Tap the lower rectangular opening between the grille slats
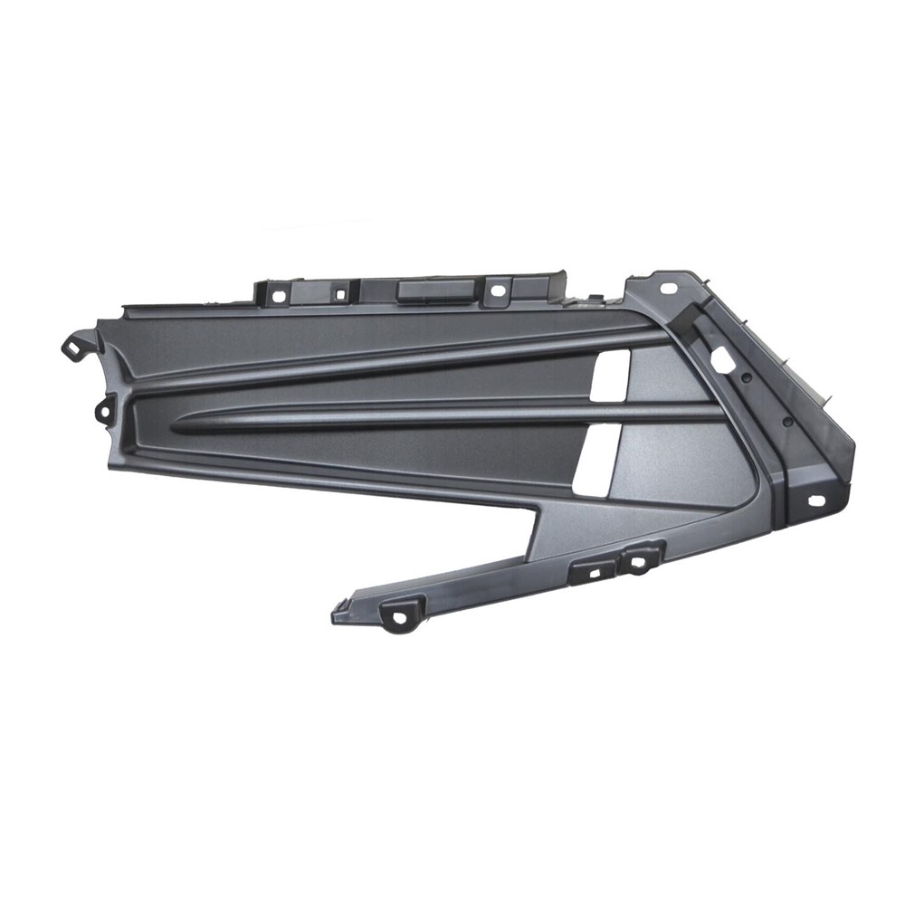[601, 460]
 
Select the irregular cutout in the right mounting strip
[722, 359]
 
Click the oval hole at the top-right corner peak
[669, 288]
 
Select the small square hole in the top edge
[339, 291]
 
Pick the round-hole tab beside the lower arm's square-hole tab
[639, 561]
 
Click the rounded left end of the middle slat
[177, 424]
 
